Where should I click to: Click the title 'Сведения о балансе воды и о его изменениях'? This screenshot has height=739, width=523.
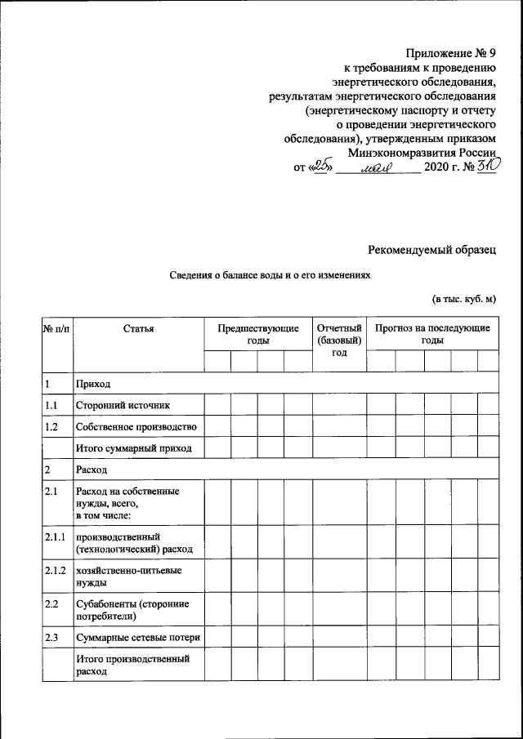[x=269, y=276]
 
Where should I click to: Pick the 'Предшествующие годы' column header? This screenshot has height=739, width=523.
[x=257, y=334]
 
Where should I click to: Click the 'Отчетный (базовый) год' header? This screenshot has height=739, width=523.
[x=339, y=340]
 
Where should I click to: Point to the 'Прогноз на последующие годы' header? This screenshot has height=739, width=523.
[x=432, y=334]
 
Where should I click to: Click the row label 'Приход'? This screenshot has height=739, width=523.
[x=92, y=384]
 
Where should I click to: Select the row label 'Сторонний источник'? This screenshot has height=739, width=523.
[x=123, y=405]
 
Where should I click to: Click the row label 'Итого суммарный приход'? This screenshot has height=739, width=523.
[x=133, y=448]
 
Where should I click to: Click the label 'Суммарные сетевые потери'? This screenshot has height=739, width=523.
[x=137, y=638]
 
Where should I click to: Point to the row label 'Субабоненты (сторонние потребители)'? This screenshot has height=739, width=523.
[x=132, y=609]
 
